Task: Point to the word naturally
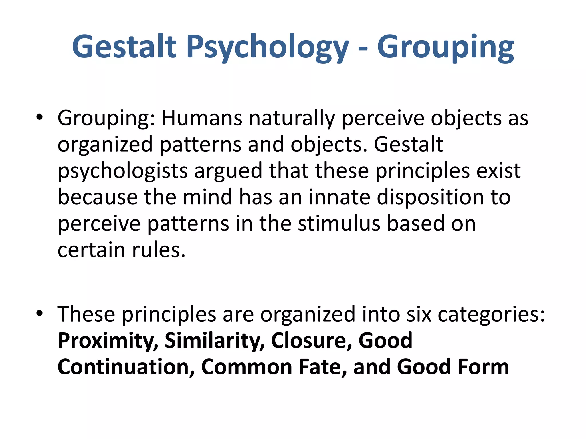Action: pyautogui.click(x=292, y=119)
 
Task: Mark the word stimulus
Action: pyautogui.click(x=339, y=224)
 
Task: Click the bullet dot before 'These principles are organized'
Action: pyautogui.click(x=39, y=313)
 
